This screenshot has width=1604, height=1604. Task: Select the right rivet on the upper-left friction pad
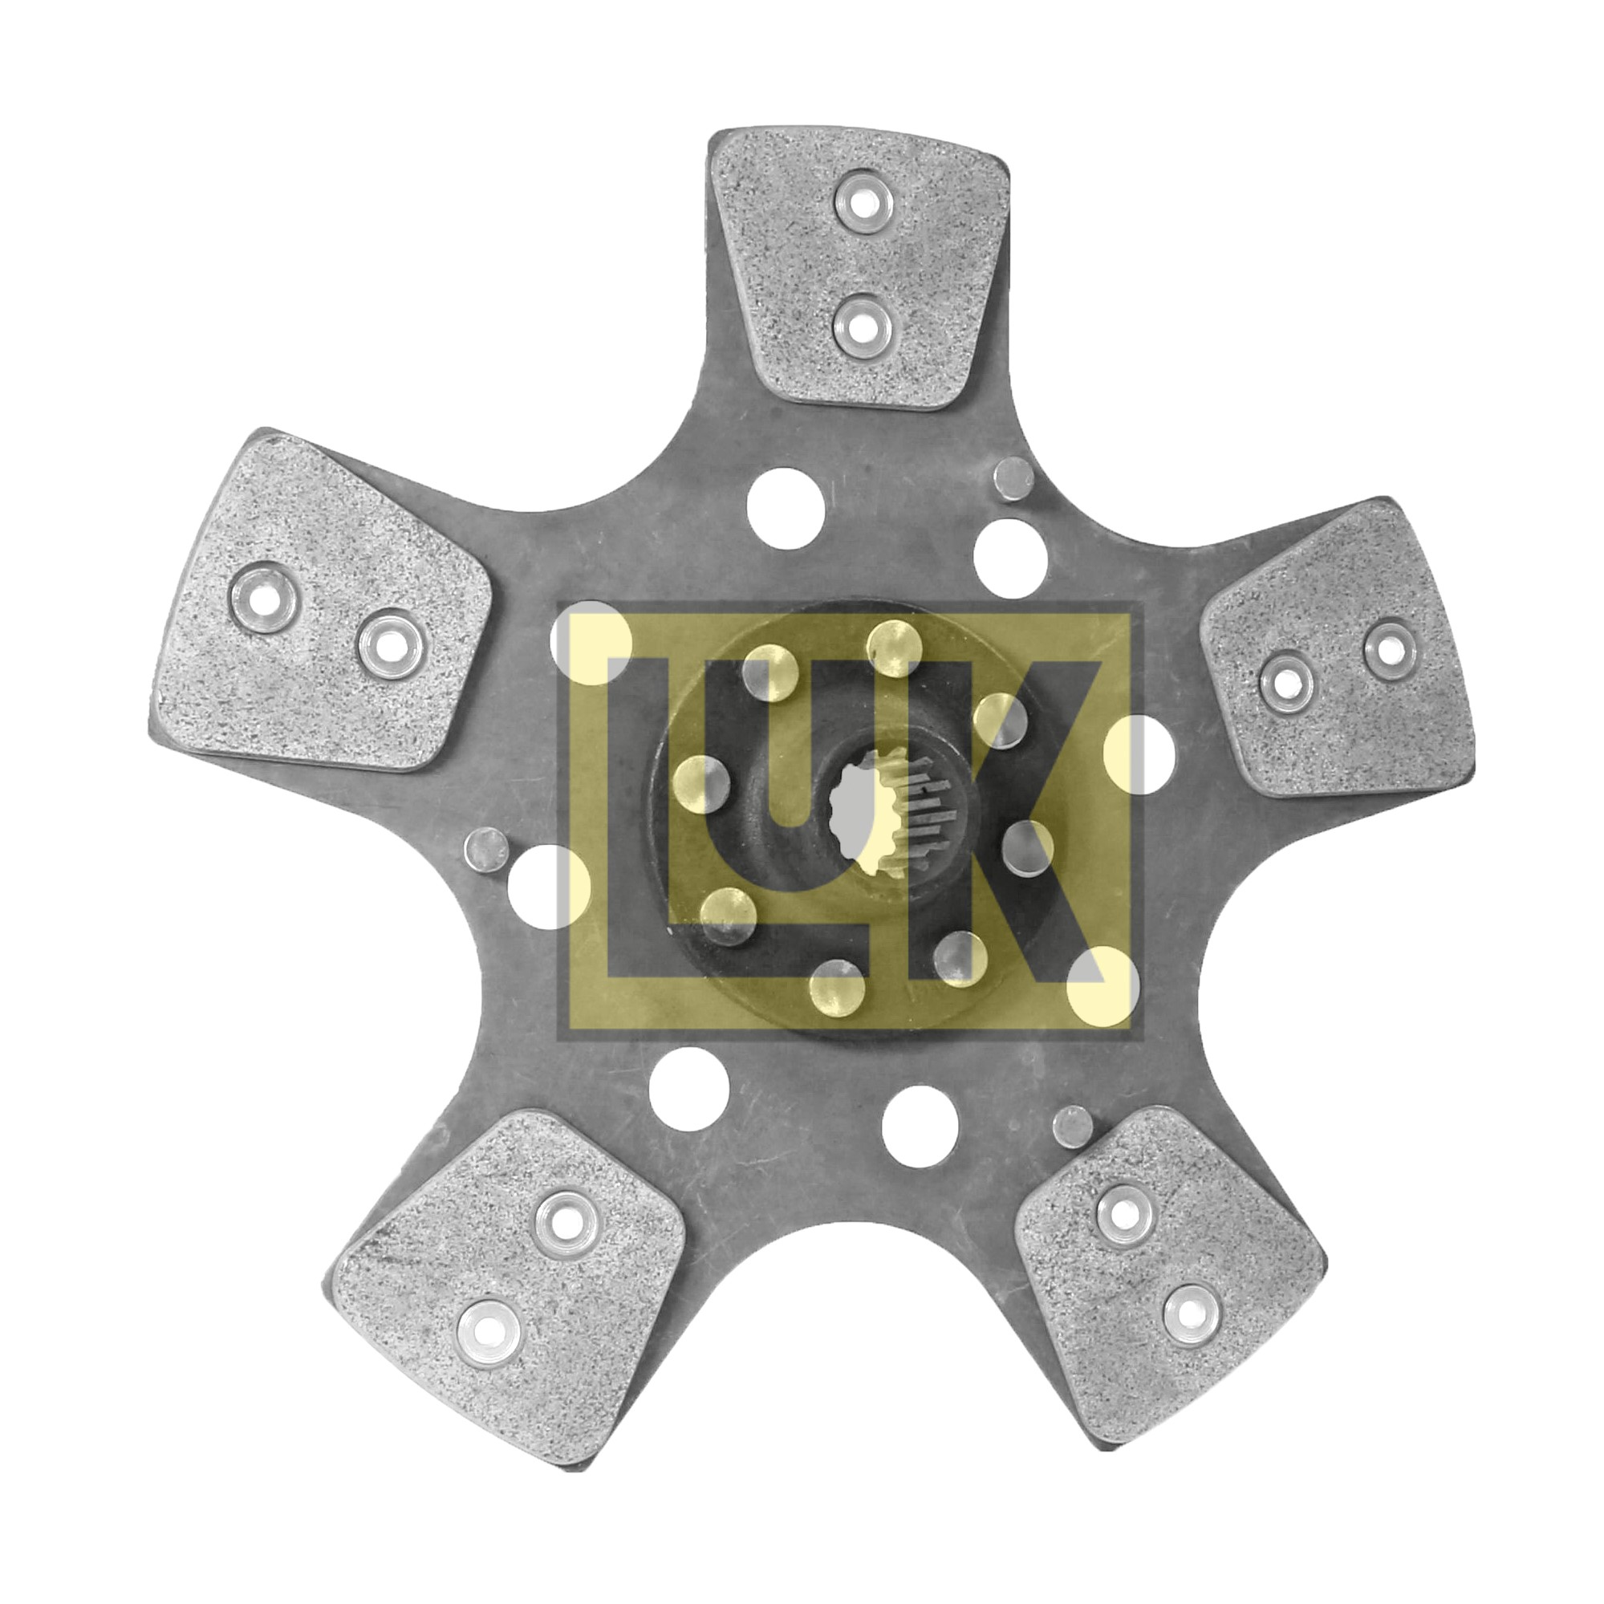click(x=392, y=644)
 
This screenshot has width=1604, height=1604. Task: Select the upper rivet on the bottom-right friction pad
click(x=1126, y=1213)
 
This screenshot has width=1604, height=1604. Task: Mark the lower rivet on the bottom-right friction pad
click(x=1192, y=1314)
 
